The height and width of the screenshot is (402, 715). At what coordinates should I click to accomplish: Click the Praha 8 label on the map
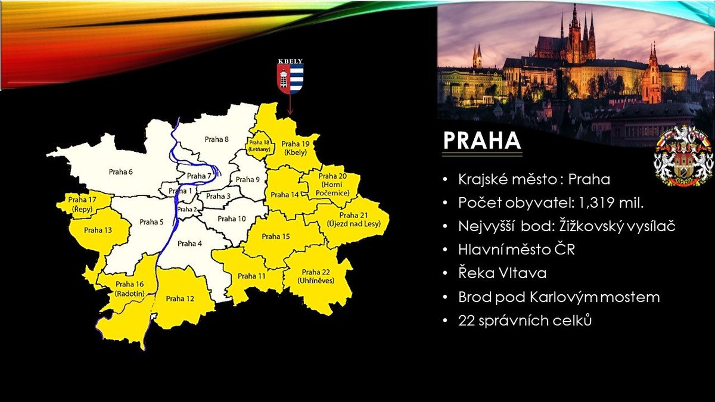217,139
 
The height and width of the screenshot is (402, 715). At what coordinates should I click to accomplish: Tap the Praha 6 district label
120,172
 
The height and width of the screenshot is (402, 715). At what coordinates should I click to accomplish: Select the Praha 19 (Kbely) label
296,148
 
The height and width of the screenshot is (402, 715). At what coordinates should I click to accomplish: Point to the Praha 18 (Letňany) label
260,146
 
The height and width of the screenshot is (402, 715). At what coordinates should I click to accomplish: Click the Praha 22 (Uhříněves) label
316,276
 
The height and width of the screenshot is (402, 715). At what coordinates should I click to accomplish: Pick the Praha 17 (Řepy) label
82,204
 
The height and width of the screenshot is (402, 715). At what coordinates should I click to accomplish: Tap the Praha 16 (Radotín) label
130,289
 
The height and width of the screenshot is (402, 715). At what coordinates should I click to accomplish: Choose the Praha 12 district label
180,298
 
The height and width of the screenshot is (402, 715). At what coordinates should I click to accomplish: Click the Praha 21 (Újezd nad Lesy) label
354,220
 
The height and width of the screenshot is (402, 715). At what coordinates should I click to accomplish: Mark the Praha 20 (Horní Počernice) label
332,185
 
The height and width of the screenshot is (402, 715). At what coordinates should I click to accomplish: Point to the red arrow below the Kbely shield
290,104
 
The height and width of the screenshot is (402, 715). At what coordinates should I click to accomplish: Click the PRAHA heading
482,141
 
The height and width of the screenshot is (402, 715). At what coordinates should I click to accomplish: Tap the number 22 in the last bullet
466,320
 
